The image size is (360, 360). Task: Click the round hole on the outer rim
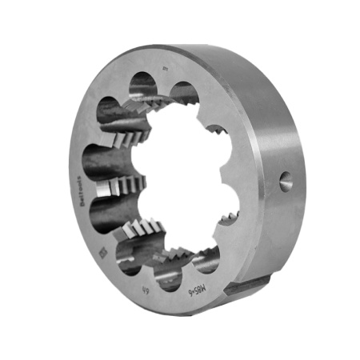tap(286, 182)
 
